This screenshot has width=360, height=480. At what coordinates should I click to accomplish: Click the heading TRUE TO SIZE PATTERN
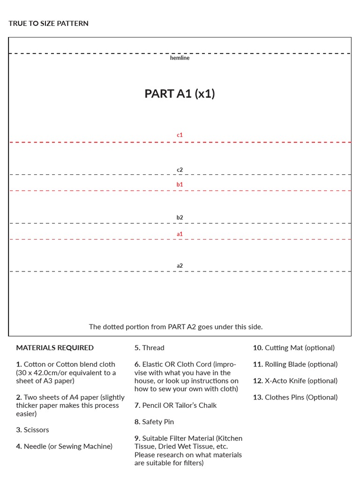point(48,23)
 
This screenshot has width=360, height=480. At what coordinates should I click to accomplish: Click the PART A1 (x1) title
point(180,94)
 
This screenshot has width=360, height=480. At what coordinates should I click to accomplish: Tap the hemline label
point(180,58)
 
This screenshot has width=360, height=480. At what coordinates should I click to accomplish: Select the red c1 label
point(180,135)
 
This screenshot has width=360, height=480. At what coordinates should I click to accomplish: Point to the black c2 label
point(180,170)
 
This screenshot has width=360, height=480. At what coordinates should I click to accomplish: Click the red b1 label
point(180,185)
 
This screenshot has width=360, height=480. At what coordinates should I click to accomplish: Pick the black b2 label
point(180,217)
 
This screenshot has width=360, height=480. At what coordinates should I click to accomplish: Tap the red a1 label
point(180,234)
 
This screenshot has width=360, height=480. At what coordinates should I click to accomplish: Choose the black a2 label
point(180,266)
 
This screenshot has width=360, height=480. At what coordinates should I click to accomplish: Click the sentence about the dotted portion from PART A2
point(176,327)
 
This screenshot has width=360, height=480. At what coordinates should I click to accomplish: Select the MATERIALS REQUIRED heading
point(55,348)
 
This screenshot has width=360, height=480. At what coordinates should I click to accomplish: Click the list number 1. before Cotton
point(19,364)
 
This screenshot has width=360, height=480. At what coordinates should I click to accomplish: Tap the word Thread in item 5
point(153,348)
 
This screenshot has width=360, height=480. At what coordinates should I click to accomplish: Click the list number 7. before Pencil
point(137,405)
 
